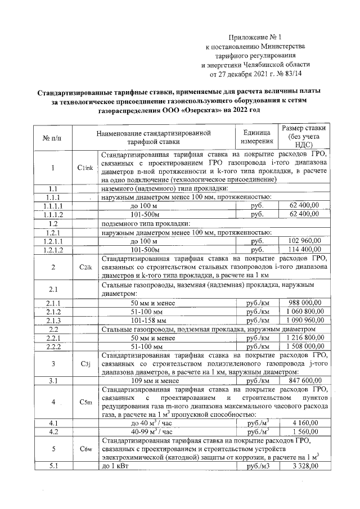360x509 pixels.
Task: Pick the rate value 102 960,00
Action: (304, 240)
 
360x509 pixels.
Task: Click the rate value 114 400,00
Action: (304, 249)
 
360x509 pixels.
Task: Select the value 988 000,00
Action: (304, 303)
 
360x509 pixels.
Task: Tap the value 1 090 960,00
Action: (304, 320)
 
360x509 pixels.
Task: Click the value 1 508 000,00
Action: (304, 346)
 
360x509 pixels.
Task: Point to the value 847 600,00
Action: (304, 380)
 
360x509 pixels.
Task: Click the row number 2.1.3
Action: (54, 320)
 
